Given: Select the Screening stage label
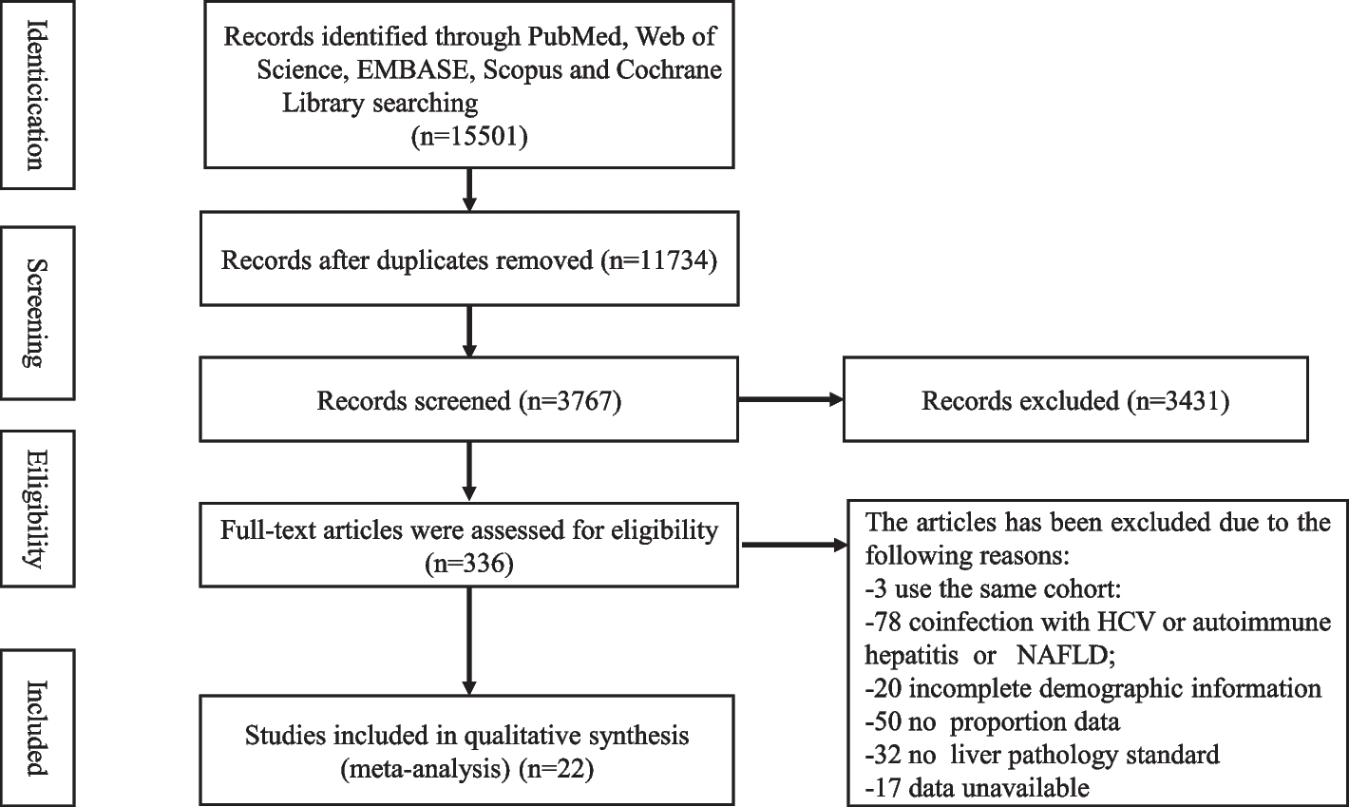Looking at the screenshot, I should click(37, 313).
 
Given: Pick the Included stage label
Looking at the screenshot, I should click(37, 726).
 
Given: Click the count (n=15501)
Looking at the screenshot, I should click(468, 136).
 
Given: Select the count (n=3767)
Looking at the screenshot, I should click(570, 401).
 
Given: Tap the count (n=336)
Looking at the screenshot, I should click(469, 565).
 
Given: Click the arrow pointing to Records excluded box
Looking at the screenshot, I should click(790, 400).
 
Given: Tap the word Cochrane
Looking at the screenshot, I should click(669, 69).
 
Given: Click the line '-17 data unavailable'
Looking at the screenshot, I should click(977, 787).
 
